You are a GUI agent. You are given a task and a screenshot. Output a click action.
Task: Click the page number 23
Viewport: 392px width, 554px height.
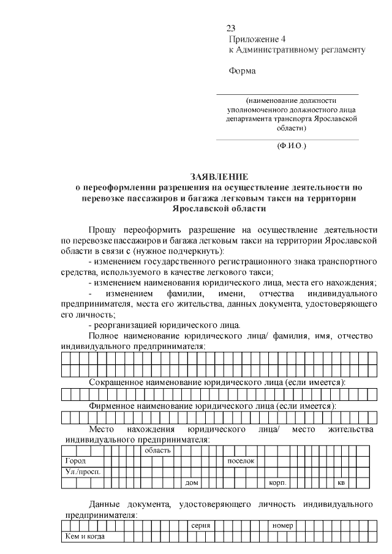coord(231,28)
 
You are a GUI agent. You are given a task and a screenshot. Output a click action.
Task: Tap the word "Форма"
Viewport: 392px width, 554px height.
coord(242,70)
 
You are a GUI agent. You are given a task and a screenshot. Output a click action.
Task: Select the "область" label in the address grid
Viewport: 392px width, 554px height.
coord(157,450)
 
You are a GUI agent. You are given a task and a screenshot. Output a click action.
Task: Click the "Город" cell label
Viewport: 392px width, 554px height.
coord(75,460)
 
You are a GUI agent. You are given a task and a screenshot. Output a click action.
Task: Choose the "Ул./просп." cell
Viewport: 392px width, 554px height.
coord(83,471)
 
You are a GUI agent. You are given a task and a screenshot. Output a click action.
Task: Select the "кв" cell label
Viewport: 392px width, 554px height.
coord(341,483)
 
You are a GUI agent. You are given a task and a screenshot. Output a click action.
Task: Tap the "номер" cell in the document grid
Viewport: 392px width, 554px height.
coord(283,526)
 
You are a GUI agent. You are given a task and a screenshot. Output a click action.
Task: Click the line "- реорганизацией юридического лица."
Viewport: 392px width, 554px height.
coord(164,324)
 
